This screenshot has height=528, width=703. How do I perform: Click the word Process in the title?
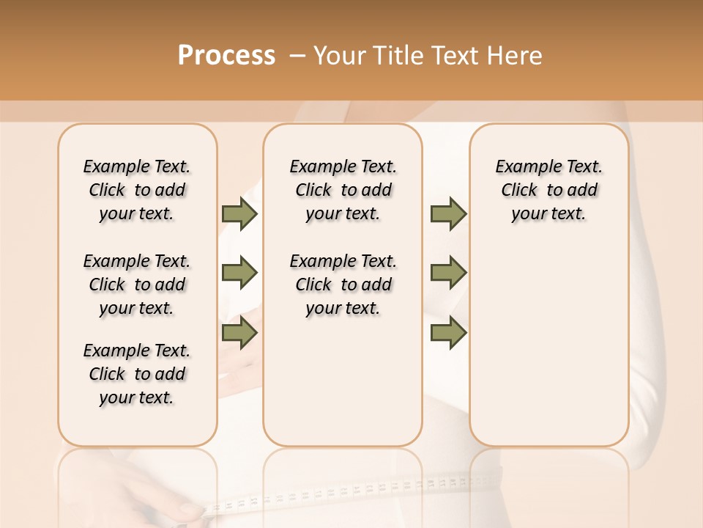tap(226, 55)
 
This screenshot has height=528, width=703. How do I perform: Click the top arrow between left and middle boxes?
tap(239, 213)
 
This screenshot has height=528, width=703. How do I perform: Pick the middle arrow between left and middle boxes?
tap(239, 273)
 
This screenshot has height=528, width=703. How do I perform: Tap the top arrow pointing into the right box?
tap(448, 213)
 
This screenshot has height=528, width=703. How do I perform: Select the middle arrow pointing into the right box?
tap(448, 273)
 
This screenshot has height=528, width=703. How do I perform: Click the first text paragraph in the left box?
tap(137, 190)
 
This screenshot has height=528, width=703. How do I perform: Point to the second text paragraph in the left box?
tap(137, 285)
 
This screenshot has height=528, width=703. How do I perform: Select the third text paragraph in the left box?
tap(137, 374)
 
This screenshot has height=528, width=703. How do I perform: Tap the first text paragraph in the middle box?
tap(343, 190)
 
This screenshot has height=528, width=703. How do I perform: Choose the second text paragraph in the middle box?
tap(343, 285)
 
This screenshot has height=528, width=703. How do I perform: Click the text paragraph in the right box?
tap(548, 190)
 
